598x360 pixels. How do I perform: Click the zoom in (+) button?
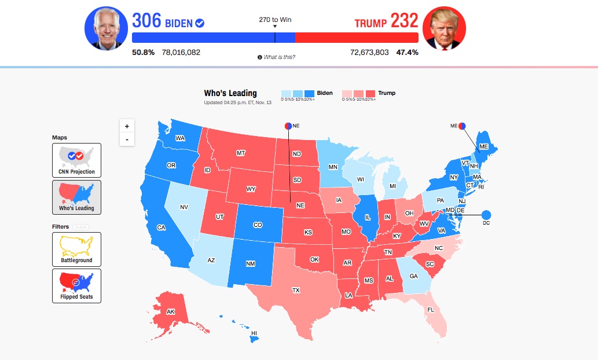click(127, 126)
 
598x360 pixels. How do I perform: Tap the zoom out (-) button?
click(127, 139)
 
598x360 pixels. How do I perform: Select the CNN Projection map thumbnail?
click(76, 160)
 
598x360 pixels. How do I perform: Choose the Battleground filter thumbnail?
click(76, 249)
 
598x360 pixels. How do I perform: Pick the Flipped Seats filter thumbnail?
click(76, 285)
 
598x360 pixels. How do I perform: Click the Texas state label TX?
click(296, 290)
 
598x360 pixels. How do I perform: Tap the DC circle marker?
click(485, 215)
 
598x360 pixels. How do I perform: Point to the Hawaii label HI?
click(254, 333)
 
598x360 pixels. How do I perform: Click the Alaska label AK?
click(171, 311)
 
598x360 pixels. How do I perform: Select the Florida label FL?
click(430, 310)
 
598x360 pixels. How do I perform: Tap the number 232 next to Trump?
click(403, 21)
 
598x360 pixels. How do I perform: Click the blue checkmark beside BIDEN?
click(200, 23)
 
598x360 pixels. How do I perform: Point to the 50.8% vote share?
click(143, 52)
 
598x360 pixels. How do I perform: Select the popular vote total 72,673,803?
click(369, 52)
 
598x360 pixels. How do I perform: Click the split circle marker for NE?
click(288, 126)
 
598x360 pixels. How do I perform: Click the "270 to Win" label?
click(275, 20)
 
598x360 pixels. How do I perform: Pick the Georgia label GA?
click(413, 277)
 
